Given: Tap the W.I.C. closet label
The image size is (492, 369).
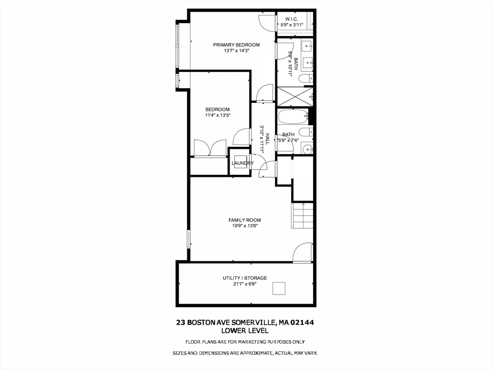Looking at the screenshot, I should coord(292,19).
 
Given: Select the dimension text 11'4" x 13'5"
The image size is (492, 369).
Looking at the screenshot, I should coord(218,115).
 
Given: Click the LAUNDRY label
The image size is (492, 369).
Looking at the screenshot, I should coord(242,163).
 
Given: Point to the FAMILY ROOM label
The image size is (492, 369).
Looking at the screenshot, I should coord(245,220).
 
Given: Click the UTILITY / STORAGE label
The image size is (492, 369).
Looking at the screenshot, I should coord(245,278).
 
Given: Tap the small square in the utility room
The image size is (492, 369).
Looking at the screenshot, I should coord(279,288).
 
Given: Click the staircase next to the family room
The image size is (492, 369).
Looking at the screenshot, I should coord(303,216).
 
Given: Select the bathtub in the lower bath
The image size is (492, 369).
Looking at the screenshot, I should coord(293,117).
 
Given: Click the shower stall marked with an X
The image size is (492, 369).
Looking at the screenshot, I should coord(295,96).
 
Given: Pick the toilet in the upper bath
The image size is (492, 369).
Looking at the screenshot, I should coord(306,78).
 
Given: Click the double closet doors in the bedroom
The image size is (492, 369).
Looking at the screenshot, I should coord(210,148).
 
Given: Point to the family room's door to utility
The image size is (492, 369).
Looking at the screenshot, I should coord(303,253).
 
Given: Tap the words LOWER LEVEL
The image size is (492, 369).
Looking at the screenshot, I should coord(245,330).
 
